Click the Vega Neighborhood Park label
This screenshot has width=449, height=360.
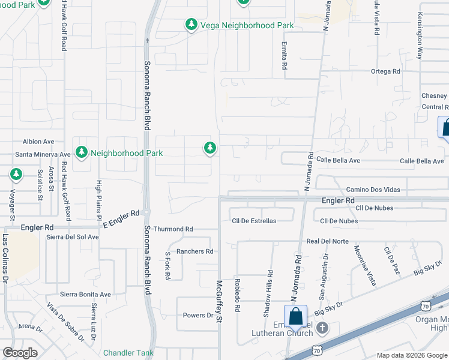247,25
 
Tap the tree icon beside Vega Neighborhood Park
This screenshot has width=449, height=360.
191,25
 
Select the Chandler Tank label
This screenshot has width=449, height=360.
128,353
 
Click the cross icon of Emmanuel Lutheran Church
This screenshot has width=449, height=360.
323,328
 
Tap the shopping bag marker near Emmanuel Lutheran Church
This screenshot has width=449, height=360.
295,316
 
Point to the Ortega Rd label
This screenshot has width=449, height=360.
385,71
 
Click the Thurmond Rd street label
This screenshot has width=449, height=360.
173,229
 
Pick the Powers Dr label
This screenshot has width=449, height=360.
198,315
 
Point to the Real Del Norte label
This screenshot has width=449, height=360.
327,241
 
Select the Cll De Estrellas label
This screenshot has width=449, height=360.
254,221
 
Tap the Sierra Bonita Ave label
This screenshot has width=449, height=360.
85,295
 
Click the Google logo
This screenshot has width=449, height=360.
20,352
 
